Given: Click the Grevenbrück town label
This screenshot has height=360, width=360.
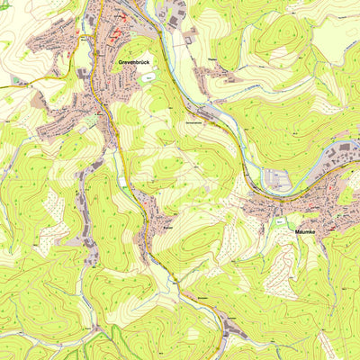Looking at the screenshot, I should coord(136,62).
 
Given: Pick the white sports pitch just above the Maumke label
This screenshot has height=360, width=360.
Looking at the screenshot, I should coord(281,220).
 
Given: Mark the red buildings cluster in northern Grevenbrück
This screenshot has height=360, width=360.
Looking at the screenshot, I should coord(117,36).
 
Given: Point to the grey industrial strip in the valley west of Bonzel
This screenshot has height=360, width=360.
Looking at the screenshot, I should coord(90,243).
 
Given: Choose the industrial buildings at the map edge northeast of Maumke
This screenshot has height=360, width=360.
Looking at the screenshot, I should coord(346,153).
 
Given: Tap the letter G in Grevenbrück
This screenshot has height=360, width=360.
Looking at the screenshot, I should coord(121,62).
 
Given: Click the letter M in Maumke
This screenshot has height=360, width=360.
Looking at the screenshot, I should coord(298,231).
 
